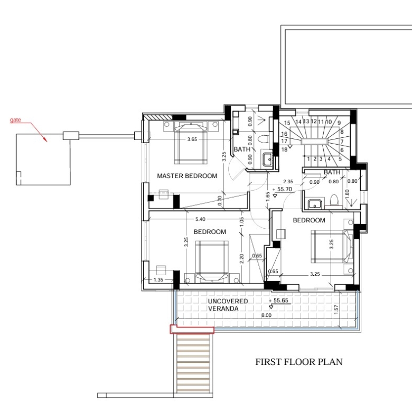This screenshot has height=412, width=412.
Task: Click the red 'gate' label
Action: click(x=15, y=120)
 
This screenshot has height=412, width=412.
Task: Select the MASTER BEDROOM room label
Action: click(x=187, y=176)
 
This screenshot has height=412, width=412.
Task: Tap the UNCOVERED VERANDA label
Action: click(x=228, y=305)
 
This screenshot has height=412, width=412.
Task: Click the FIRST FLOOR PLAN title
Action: click(x=299, y=362)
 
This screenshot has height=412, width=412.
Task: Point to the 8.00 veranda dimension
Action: click(x=266, y=315)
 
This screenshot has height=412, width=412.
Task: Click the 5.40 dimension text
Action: click(x=201, y=219)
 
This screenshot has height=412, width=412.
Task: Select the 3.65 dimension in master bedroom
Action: click(x=192, y=139)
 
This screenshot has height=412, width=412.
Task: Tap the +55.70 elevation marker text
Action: click(x=283, y=189)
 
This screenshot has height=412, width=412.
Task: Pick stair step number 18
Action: click(x=284, y=149)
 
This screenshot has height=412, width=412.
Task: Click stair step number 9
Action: click(x=339, y=123)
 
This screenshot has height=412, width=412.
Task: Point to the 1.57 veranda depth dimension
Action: click(x=336, y=310)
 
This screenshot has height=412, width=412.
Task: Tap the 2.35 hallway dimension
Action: click(x=288, y=182)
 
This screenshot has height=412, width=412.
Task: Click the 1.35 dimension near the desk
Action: click(x=158, y=280)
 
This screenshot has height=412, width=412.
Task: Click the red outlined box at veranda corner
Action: click(x=192, y=330)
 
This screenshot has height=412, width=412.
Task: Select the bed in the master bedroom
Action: click(x=191, y=143)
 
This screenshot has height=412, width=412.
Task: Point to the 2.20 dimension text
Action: click(x=242, y=258)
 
